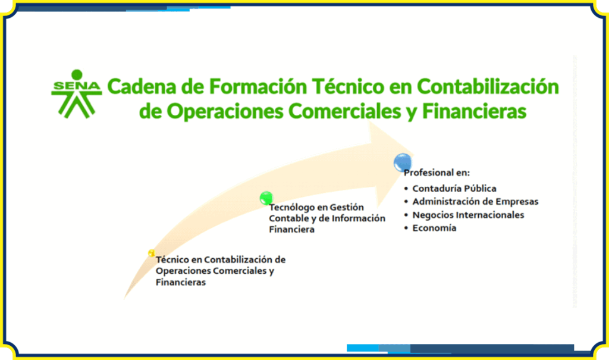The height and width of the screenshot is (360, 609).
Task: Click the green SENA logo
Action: (x=77, y=93)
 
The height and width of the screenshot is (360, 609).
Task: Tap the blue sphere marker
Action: (x=403, y=162)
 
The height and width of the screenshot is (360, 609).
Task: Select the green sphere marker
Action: (x=266, y=198)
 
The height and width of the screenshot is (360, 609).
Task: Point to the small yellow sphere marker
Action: (x=152, y=253)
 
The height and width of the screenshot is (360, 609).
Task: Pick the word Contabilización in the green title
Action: (x=488, y=86)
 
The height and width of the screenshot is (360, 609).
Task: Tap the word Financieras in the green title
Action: (x=474, y=111)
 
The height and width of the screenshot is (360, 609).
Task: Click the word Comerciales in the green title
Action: (x=344, y=111)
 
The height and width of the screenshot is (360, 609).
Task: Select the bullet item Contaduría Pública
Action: (x=454, y=189)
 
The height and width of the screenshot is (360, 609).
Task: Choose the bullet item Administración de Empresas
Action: (x=475, y=201)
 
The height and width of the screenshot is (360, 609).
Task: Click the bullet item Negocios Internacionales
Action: (x=468, y=215)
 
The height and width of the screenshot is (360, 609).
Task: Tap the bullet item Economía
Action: (x=434, y=228)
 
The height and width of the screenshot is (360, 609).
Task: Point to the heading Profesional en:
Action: (x=437, y=173)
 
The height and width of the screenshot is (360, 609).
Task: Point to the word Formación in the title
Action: (x=258, y=86)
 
